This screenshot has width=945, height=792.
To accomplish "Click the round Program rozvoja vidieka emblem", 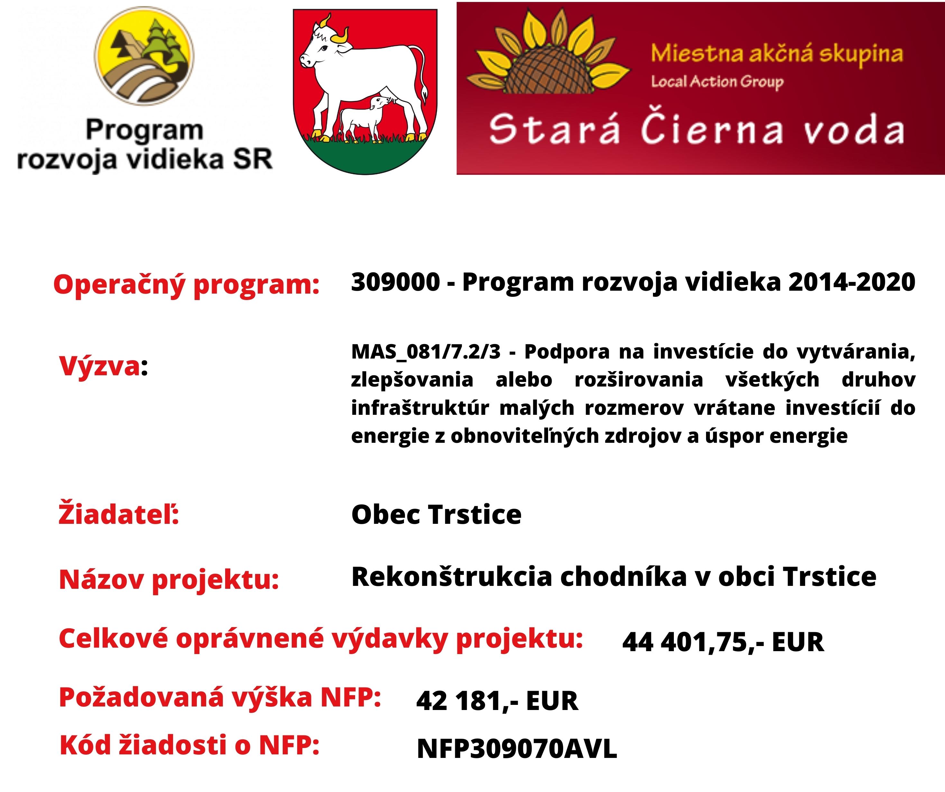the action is coord(144,56).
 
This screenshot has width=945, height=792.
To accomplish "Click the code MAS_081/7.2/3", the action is coord(426,352).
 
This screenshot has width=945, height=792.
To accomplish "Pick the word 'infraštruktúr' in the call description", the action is coord(420,408).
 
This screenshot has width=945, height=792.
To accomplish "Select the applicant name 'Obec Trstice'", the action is coord(436,514).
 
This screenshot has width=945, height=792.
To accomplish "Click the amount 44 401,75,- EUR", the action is coord(723,642).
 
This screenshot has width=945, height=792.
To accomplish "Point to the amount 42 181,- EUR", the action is coord(497,701).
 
